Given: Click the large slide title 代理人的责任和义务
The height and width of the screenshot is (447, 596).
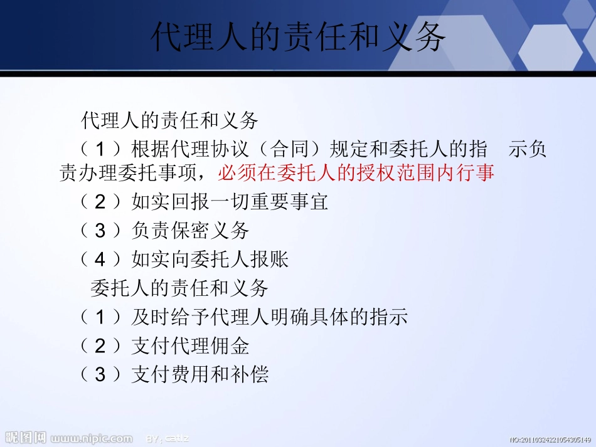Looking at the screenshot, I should [298, 37].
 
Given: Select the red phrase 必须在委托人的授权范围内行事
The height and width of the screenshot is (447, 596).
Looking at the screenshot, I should [356, 172].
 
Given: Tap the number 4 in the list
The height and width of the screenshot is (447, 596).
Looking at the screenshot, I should [100, 259].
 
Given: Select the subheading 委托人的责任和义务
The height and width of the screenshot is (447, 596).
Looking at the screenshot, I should [179, 288].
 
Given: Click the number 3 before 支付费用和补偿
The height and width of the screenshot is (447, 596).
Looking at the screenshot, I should [100, 374].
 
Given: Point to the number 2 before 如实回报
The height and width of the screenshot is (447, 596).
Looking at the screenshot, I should [100, 201].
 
